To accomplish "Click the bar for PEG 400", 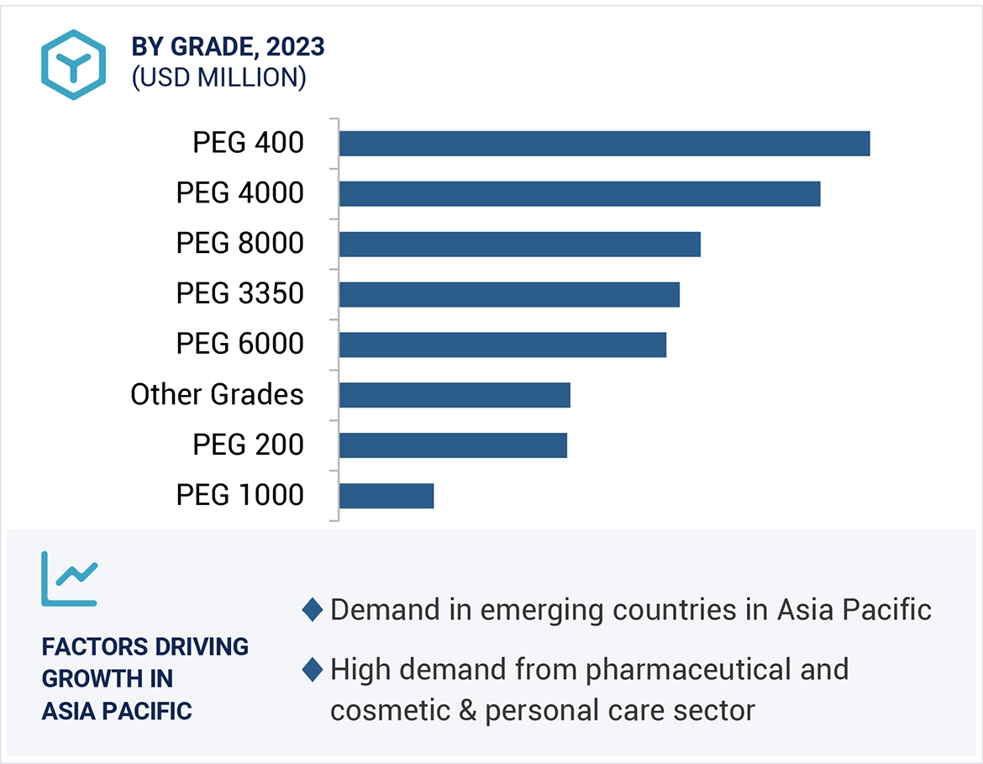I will pyautogui.click(x=604, y=144).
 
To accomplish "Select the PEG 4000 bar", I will pyautogui.click(x=580, y=193).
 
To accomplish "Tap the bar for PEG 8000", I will pyautogui.click(x=519, y=244).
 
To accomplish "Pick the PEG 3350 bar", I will pyautogui.click(x=509, y=294).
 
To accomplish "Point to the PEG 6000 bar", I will pyautogui.click(x=502, y=345).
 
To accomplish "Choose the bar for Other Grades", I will pyautogui.click(x=455, y=395).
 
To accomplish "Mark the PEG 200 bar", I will pyautogui.click(x=453, y=445).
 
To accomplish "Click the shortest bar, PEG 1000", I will pyautogui.click(x=386, y=496).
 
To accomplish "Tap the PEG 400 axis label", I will pyautogui.click(x=248, y=143).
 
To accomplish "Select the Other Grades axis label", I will pyautogui.click(x=217, y=394).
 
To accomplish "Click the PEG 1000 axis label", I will pyautogui.click(x=239, y=495).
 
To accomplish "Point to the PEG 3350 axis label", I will pyautogui.click(x=239, y=294).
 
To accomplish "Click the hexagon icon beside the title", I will pyautogui.click(x=74, y=65).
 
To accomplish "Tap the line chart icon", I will pyautogui.click(x=69, y=579).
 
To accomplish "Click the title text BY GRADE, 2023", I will pyautogui.click(x=228, y=48).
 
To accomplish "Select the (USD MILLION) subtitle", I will pyautogui.click(x=218, y=77).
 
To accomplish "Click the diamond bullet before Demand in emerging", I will pyautogui.click(x=313, y=610).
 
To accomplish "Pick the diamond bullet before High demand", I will pyautogui.click(x=313, y=670).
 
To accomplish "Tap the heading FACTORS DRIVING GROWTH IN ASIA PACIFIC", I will pyautogui.click(x=145, y=678).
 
